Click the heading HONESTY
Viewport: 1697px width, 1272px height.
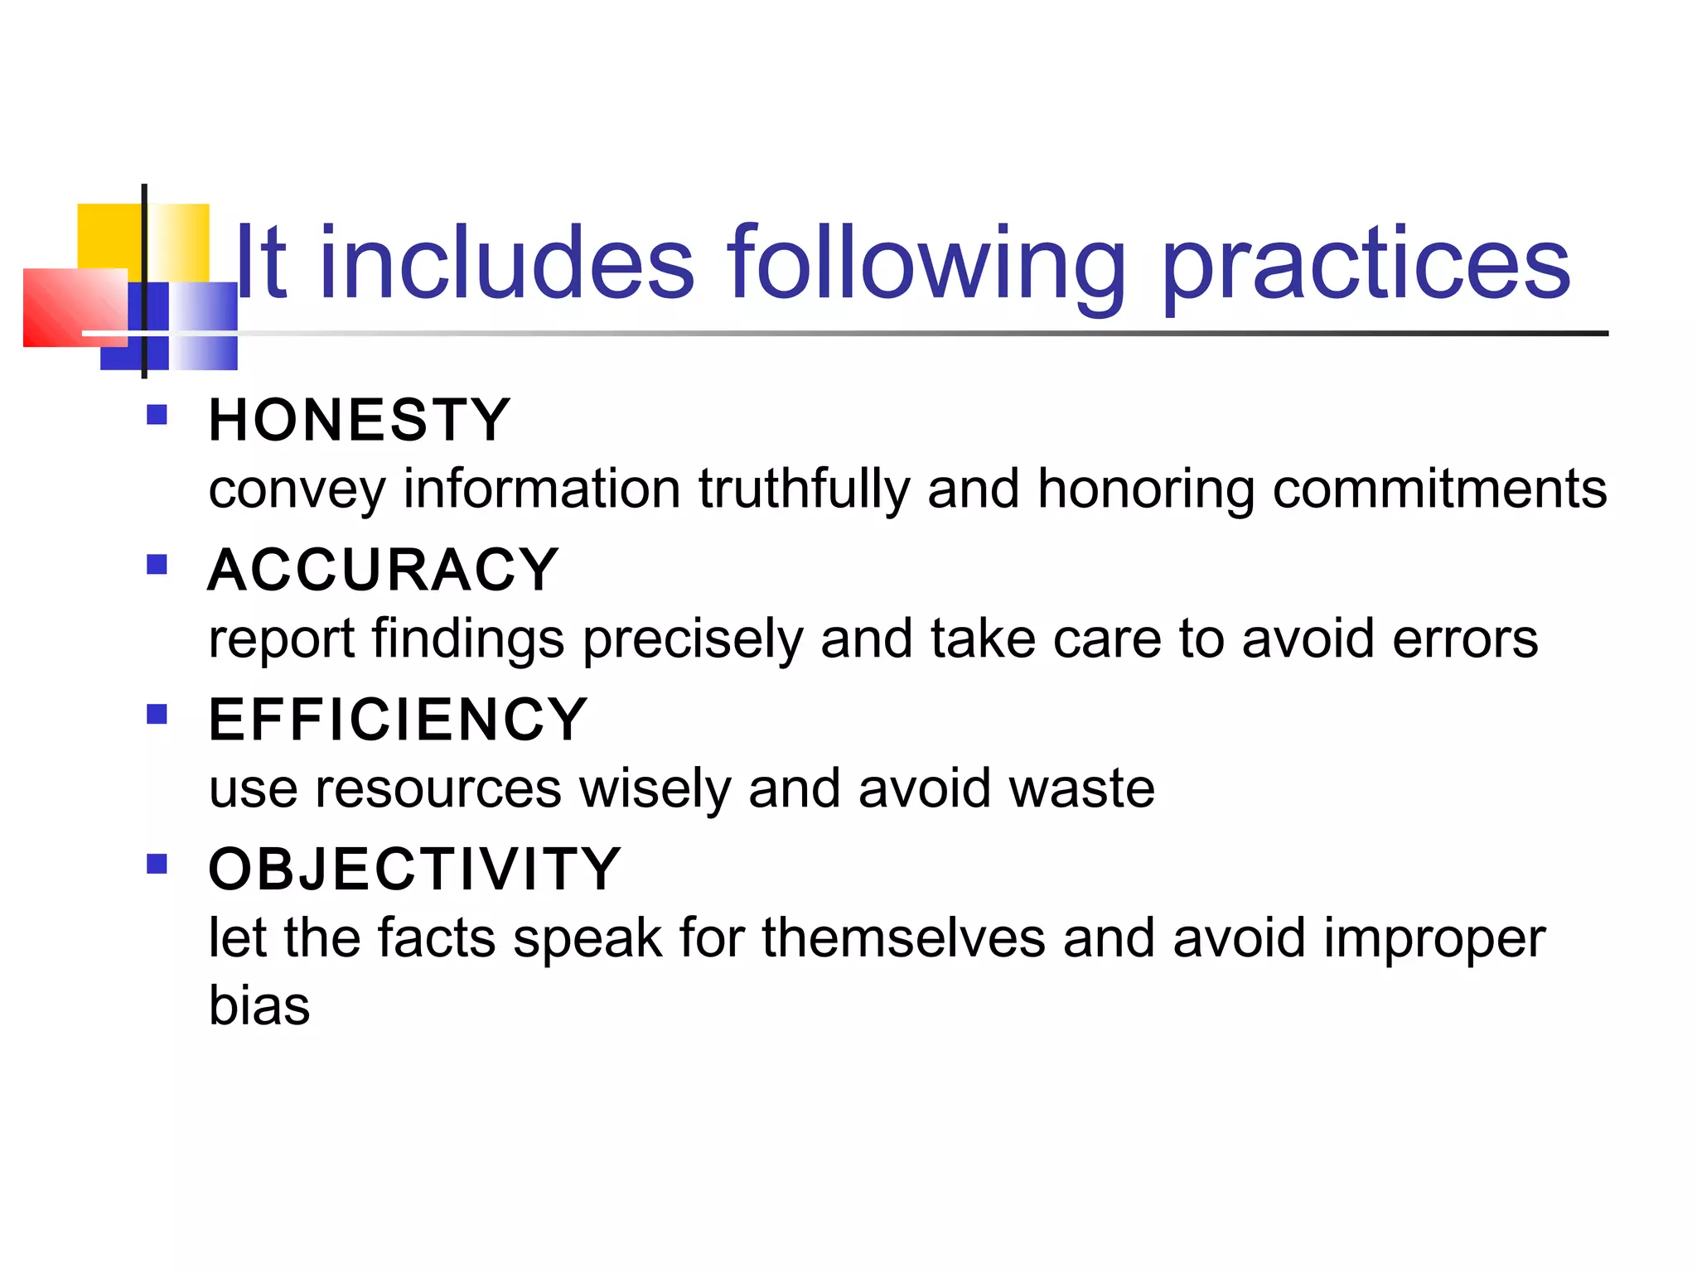point(359,420)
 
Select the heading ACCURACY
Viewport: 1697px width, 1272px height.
point(383,570)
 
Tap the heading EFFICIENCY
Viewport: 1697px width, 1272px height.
point(398,719)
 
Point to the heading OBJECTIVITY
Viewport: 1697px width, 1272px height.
point(414,869)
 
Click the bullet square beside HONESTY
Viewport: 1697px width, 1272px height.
point(157,414)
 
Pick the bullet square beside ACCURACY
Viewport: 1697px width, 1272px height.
point(157,564)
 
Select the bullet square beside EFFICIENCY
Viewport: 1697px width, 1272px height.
point(157,714)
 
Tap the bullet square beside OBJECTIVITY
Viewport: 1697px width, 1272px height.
point(157,864)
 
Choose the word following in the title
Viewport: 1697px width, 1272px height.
point(926,265)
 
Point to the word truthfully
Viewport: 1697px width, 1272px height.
point(804,489)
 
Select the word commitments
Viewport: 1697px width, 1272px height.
point(1439,489)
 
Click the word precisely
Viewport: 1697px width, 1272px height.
point(693,640)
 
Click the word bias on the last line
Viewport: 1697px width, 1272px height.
point(259,1005)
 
